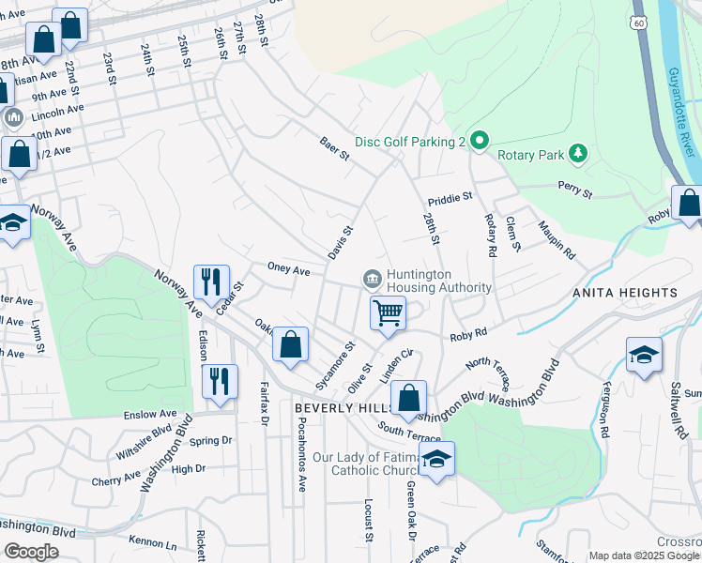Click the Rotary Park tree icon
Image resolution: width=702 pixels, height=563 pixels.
pyautogui.click(x=579, y=153)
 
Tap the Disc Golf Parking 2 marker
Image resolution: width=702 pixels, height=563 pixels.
pyautogui.click(x=479, y=142)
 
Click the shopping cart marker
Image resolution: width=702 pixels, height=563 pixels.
pyautogui.click(x=388, y=312)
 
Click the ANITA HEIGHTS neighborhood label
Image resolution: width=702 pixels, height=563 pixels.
pyautogui.click(x=625, y=294)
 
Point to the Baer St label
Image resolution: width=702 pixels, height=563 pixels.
pyautogui.click(x=334, y=148)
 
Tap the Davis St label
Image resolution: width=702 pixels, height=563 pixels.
pyautogui.click(x=340, y=242)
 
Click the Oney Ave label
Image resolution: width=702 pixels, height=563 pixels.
pyautogui.click(x=288, y=270)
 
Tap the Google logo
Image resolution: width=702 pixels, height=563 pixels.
pyautogui.click(x=31, y=552)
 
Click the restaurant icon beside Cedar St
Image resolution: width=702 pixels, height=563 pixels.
pyautogui.click(x=211, y=281)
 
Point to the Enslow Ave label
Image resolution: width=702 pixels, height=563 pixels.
pyautogui.click(x=150, y=414)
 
